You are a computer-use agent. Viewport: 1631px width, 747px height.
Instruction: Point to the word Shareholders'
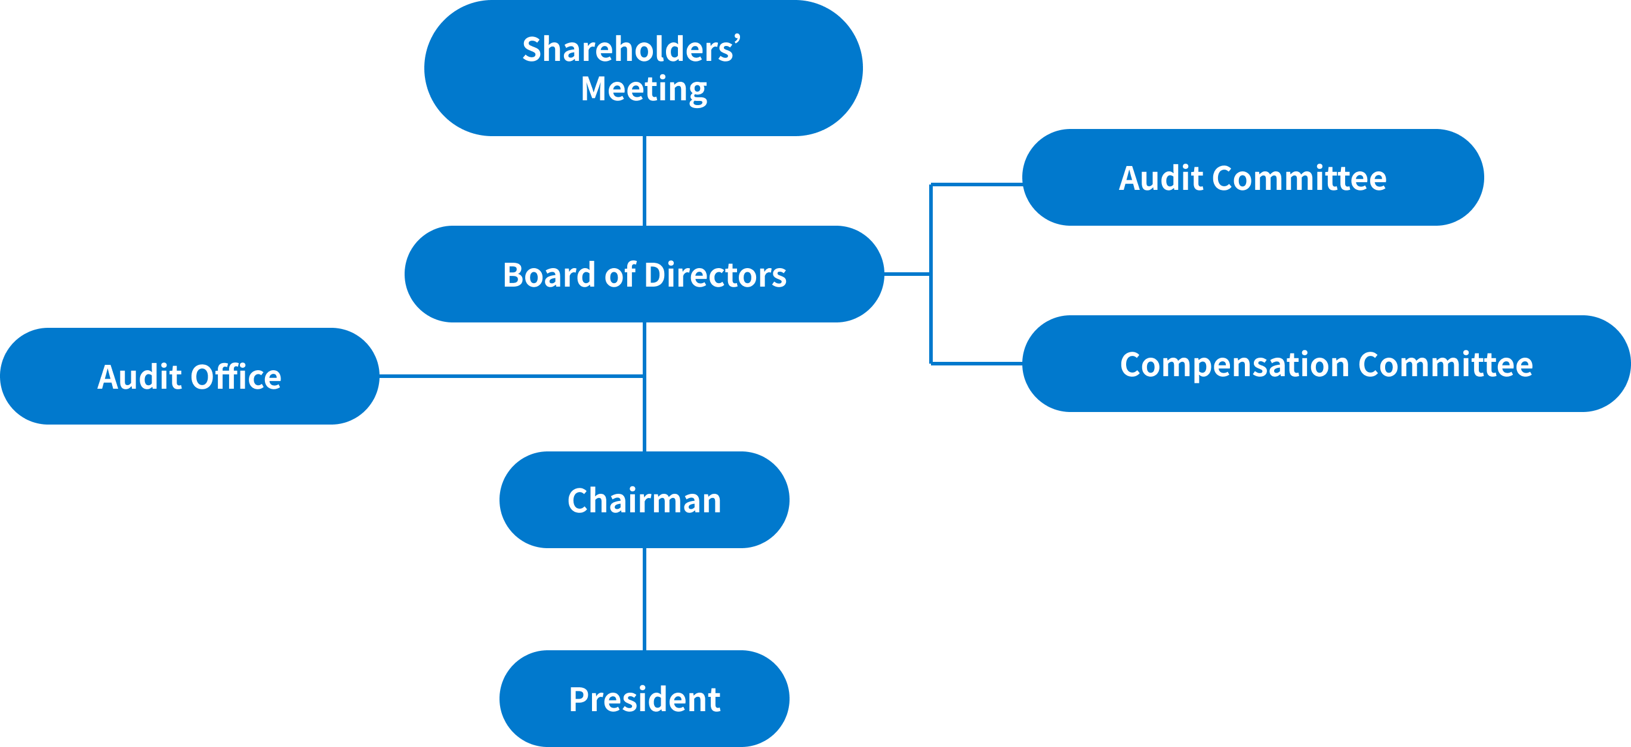point(631,50)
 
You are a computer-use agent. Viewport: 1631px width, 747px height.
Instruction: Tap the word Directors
point(715,275)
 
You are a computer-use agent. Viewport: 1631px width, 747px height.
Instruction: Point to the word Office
point(236,377)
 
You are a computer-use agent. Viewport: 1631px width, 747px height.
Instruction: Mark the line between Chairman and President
point(644,599)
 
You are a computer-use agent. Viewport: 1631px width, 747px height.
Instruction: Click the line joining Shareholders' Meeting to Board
point(644,180)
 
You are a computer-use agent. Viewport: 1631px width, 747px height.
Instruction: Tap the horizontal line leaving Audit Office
point(507,376)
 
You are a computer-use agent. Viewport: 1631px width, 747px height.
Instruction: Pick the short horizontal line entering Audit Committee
point(976,185)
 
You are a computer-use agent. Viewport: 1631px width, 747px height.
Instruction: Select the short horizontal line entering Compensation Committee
point(976,364)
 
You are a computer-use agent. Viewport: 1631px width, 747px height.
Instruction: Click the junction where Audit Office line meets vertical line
point(644,376)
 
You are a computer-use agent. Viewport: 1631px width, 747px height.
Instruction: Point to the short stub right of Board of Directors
point(907,274)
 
